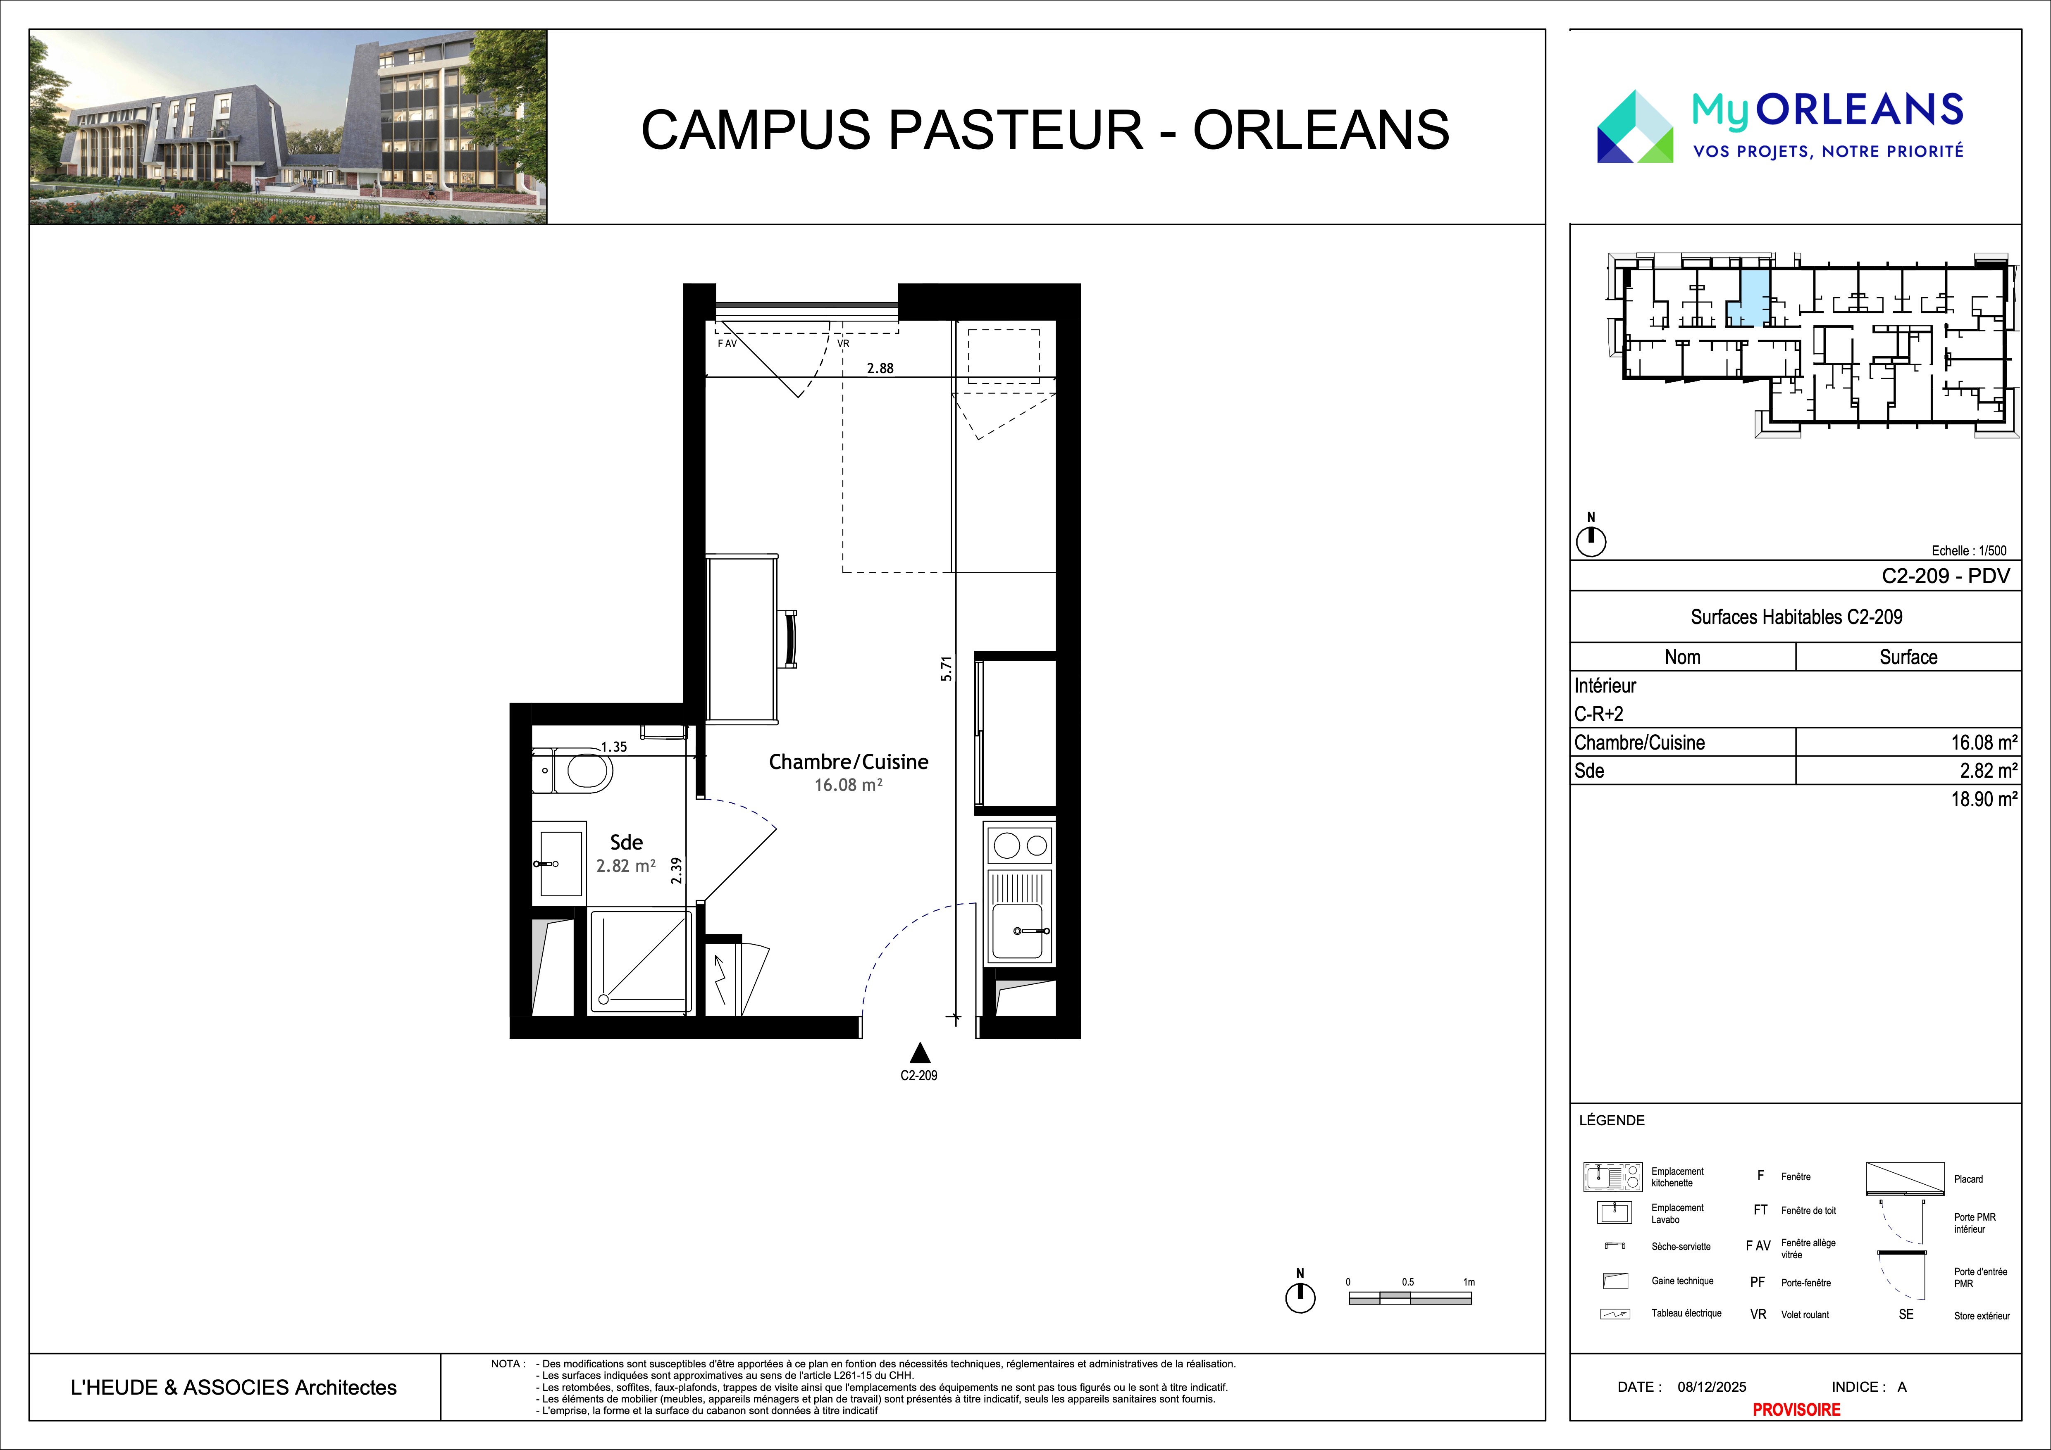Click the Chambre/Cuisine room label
[849, 762]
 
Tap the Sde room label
[626, 842]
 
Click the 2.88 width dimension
[880, 368]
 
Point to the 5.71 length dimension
[947, 669]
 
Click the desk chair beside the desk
[789, 638]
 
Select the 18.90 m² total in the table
[1983, 799]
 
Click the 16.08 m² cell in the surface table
[1983, 742]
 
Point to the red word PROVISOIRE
[1796, 1409]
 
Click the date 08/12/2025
[1712, 1387]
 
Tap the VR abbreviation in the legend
[1758, 1314]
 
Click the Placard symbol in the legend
[1905, 1179]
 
